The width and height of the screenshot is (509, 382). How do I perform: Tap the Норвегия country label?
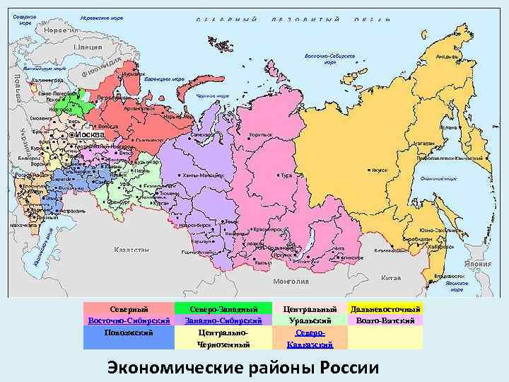56,30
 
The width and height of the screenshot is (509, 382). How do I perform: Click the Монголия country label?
293,281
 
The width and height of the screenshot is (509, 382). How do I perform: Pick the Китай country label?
390,277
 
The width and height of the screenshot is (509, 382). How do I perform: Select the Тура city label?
286,175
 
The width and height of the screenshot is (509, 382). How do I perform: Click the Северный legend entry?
129,309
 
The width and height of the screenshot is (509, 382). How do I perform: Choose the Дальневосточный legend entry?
385,309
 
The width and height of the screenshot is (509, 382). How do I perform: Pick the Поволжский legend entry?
129,332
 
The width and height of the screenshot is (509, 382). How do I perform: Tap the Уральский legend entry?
310,320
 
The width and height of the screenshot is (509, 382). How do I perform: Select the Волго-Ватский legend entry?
385,320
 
